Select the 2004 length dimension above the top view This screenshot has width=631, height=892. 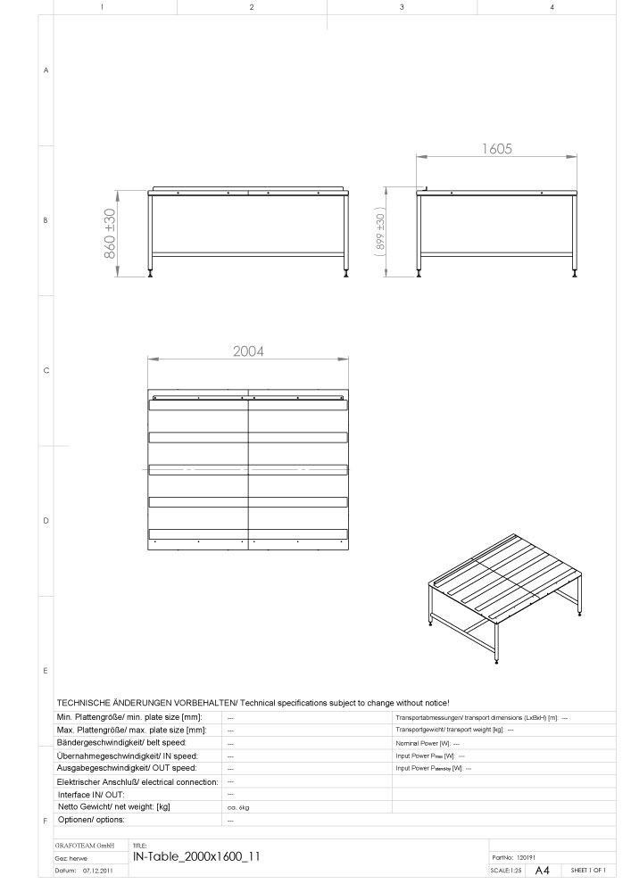click(x=248, y=351)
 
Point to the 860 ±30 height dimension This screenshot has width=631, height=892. click(x=110, y=234)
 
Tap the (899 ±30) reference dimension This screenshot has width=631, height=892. click(x=380, y=234)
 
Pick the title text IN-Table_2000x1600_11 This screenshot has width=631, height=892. click(x=196, y=855)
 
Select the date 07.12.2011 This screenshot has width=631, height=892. click(x=99, y=869)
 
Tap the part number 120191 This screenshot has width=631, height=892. click(x=526, y=856)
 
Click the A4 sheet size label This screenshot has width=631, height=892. click(x=543, y=870)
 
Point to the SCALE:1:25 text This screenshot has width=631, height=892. click(x=506, y=870)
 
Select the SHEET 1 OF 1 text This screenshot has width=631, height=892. click(x=588, y=870)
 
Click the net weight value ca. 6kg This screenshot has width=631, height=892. click(x=237, y=806)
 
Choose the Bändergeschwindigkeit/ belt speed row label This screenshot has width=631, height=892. click(x=121, y=742)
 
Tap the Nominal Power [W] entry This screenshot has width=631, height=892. click(x=428, y=742)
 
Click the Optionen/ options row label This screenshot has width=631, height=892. click(x=91, y=819)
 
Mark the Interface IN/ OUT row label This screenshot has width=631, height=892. click(x=91, y=794)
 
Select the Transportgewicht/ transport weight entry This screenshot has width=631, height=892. click(x=453, y=730)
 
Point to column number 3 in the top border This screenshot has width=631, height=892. click(x=402, y=7)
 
